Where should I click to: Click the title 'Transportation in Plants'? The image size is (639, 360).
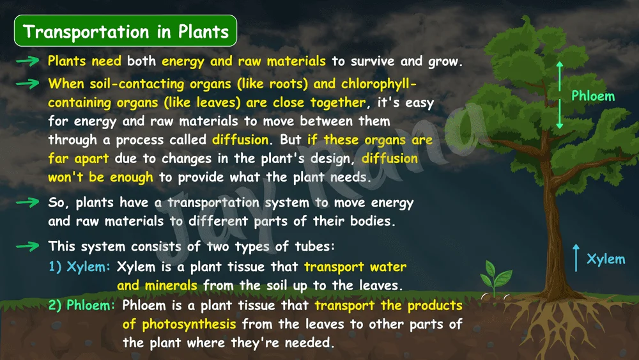125,31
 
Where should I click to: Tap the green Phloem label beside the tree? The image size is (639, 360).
593,96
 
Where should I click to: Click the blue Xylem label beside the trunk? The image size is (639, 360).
606,259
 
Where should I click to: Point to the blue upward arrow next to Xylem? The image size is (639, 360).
576,258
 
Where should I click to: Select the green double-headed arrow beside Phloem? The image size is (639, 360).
560,95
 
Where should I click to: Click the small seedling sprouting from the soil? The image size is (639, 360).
496,279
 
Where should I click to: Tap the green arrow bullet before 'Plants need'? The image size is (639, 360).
27,61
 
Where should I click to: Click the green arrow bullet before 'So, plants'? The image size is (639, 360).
27,202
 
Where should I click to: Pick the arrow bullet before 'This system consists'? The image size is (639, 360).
27,246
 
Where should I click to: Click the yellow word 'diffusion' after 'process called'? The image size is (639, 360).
240,139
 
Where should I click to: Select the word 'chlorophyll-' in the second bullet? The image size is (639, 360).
379,84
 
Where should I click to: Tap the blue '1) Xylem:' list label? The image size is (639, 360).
79,267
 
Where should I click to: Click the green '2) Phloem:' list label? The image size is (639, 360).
82,305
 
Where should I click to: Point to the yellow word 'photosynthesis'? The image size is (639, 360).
189,325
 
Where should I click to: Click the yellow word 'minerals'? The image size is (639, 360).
171,285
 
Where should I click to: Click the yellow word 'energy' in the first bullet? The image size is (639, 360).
183,61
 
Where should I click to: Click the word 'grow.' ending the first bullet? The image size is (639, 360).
445,61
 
